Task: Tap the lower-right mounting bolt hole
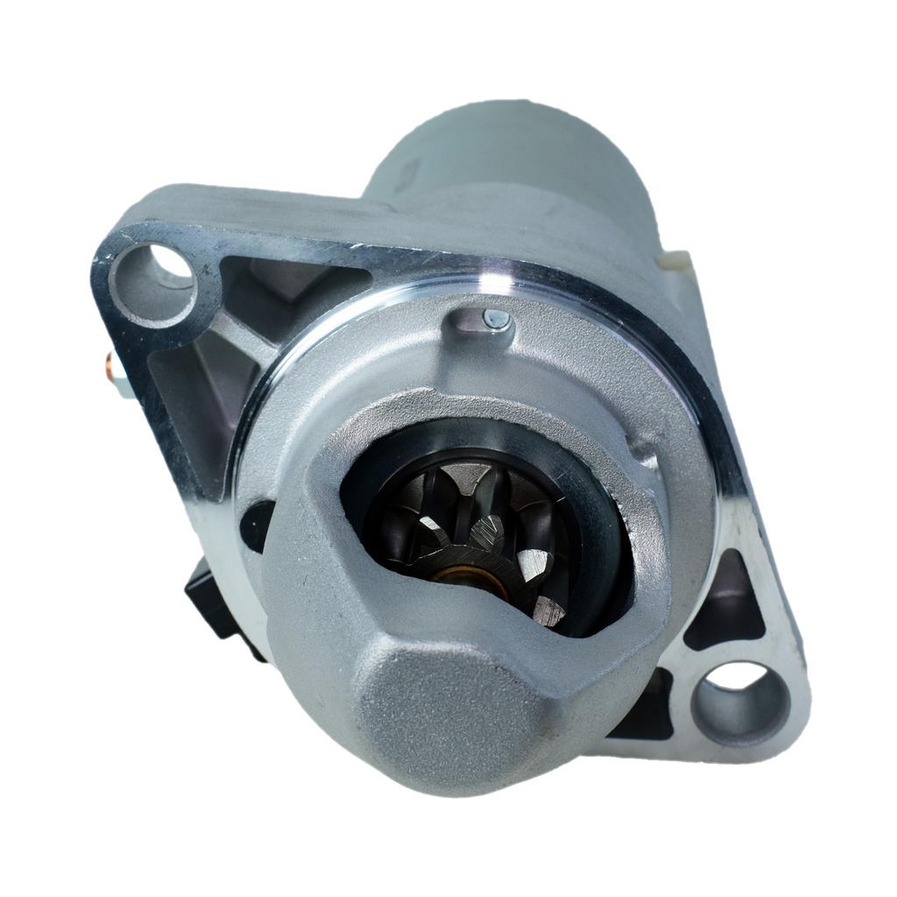[x=737, y=695]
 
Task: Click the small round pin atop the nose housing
[x=497, y=321]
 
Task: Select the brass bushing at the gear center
[x=457, y=576]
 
